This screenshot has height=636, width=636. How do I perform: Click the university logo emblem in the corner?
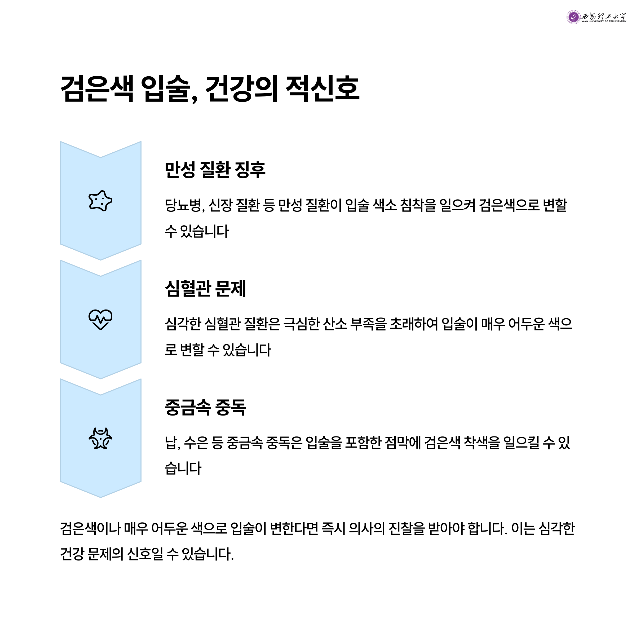pyautogui.click(x=573, y=17)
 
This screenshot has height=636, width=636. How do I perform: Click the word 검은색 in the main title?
pyautogui.click(x=97, y=89)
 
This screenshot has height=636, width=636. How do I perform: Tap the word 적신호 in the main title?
pyautogui.click(x=322, y=89)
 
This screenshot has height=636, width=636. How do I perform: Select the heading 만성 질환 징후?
pyautogui.click(x=215, y=170)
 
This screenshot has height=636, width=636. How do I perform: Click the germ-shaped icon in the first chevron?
pyautogui.click(x=100, y=201)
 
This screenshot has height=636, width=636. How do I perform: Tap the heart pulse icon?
pyautogui.click(x=100, y=319)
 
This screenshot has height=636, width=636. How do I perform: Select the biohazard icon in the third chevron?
pyautogui.click(x=100, y=439)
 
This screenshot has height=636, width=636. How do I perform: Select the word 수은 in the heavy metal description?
pyautogui.click(x=196, y=443)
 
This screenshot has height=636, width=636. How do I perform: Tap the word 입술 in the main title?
pyautogui.click(x=167, y=89)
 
